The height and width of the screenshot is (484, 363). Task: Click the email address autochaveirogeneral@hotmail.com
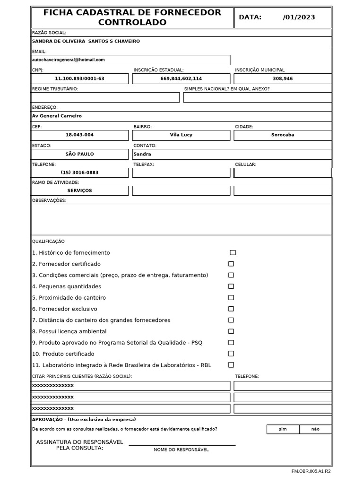[69, 60]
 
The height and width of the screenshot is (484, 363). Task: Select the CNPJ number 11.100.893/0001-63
[79, 78]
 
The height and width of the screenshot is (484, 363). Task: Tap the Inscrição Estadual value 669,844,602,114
[181, 78]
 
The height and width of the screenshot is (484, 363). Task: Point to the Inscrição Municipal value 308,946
[283, 78]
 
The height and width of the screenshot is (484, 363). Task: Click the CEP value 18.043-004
[79, 135]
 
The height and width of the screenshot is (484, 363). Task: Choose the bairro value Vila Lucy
[181, 135]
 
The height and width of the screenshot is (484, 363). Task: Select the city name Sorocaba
[283, 135]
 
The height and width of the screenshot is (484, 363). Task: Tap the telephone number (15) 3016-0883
[79, 173]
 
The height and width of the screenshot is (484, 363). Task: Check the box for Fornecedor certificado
[231, 264]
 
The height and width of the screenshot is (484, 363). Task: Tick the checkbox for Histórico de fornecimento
[233, 253]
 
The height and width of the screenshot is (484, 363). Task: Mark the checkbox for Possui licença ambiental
[231, 331]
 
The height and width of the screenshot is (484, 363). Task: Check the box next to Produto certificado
[231, 354]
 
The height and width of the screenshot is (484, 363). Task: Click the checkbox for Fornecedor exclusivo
[231, 309]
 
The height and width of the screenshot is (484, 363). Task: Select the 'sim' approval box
[283, 429]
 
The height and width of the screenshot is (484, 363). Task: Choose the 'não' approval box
[315, 429]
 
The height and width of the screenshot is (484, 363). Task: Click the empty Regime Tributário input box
[105, 97]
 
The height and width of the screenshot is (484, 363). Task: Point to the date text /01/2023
[299, 17]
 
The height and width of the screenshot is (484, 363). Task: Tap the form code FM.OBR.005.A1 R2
[311, 471]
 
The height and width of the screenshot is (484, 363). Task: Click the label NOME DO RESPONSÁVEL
[181, 449]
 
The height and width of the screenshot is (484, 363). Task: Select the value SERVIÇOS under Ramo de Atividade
[79, 190]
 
